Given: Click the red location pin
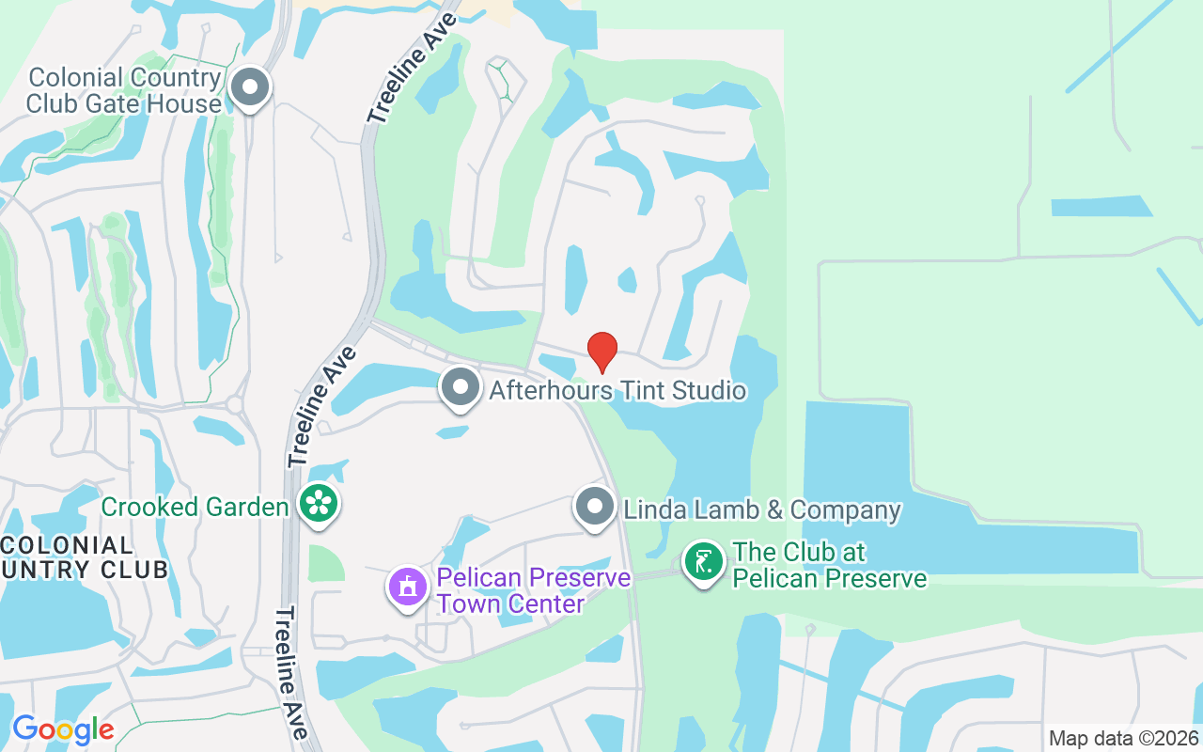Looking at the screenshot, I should coord(602,352).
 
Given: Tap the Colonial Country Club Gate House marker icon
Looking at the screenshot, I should coord(250,89).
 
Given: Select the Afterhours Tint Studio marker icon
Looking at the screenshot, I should coord(461,386).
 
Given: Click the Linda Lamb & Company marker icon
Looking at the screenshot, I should coord(594,507).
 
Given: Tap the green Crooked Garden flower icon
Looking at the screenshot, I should coord(319,504).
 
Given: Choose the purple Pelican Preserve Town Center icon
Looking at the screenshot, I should coord(408,587).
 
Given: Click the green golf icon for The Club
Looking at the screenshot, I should coord(703,562).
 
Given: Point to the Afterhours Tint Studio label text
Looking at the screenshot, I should coord(617,390).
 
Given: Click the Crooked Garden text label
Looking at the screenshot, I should coord(195,508).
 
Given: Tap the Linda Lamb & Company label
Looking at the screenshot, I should coord(762,510).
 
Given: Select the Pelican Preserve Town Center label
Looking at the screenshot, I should coord(534,590).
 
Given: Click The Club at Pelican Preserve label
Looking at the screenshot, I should coord(830,565).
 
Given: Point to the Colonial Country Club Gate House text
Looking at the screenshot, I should coord(123,90).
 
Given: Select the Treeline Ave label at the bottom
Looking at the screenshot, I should coord(293,672).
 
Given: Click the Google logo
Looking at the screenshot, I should coord(63,729).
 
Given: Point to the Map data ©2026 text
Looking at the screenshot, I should coord(1123,738).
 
